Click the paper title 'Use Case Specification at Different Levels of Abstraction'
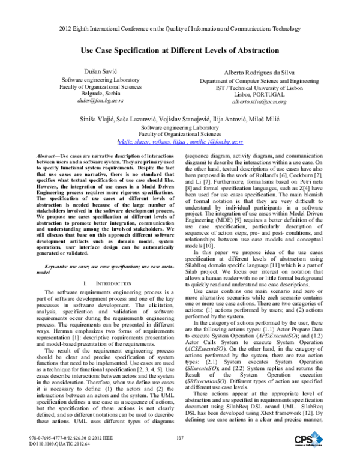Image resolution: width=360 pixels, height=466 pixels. (179, 52)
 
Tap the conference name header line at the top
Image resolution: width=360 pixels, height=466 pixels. (179, 28)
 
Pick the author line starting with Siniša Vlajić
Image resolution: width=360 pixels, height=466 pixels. (179, 120)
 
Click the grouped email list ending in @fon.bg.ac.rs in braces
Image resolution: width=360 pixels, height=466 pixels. (179, 142)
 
